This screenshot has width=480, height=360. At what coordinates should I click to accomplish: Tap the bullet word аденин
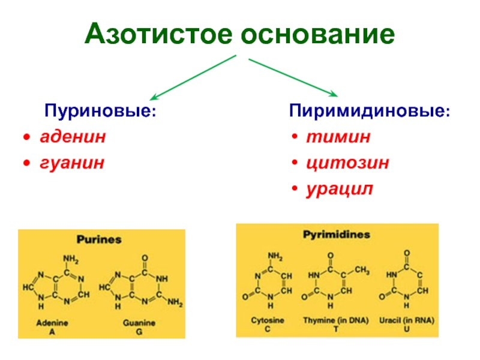(73, 137)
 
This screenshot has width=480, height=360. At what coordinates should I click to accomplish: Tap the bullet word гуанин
(72, 163)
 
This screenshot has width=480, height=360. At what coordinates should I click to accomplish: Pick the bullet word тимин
(338, 137)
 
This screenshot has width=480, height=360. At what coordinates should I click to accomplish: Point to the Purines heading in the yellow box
(98, 239)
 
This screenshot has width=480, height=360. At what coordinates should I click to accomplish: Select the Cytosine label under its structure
(268, 320)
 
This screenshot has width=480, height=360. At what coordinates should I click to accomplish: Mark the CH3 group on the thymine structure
(362, 269)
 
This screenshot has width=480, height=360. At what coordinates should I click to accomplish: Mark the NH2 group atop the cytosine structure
(275, 256)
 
